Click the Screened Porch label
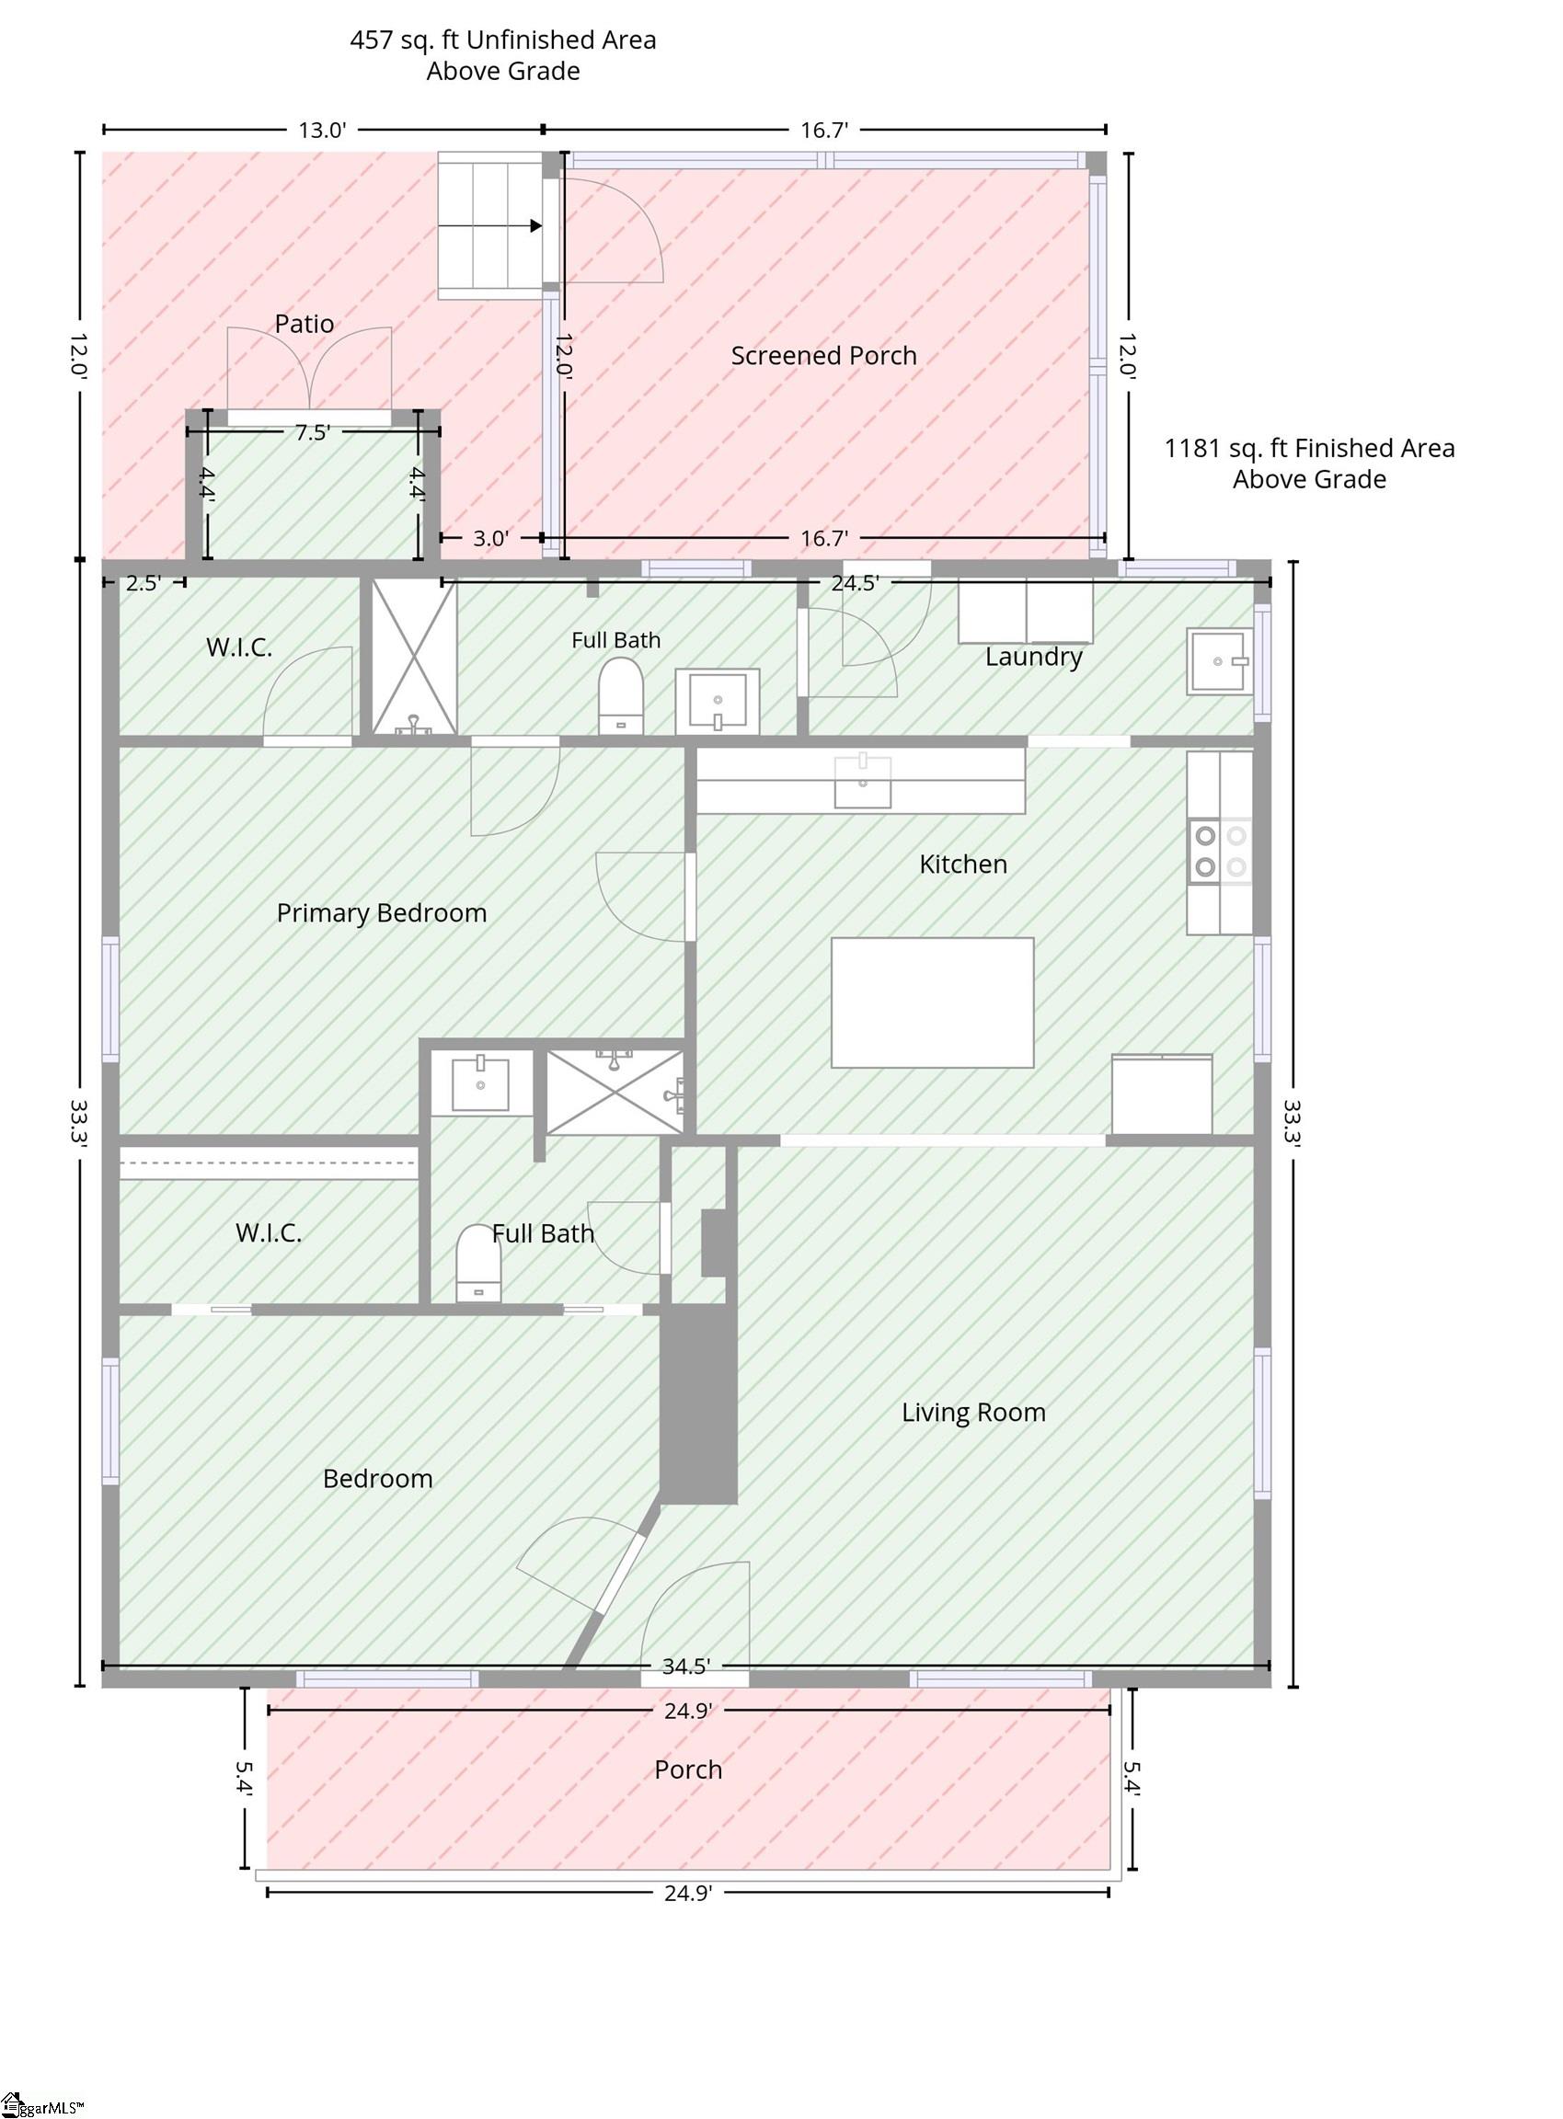tap(823, 356)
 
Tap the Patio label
tap(304, 324)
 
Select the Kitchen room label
tap(963, 864)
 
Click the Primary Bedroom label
tap(381, 913)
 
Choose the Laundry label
tap(1033, 657)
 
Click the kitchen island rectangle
tap(932, 1002)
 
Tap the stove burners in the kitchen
tap(1221, 851)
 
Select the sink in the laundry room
tap(1221, 661)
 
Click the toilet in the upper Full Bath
tap(621, 696)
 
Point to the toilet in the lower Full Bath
tap(478, 1264)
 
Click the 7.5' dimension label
tap(312, 432)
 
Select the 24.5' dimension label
tap(856, 583)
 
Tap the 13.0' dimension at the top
tap(323, 130)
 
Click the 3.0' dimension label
tap(491, 538)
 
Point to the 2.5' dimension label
tap(143, 583)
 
